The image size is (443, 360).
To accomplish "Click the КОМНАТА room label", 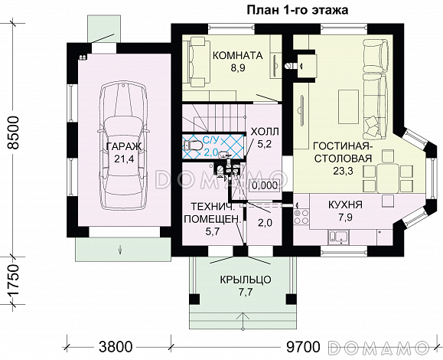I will tap(237, 55).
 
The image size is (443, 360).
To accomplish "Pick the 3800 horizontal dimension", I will tap(116, 345).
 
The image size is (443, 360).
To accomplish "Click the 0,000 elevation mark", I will tap(264, 185).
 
